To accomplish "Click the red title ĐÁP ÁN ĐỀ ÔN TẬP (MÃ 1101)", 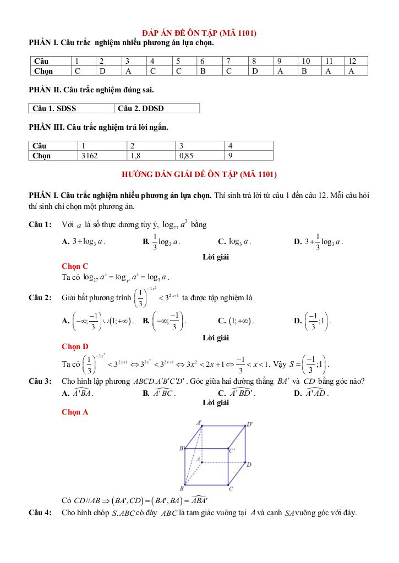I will [199, 33].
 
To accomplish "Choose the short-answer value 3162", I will [89, 156].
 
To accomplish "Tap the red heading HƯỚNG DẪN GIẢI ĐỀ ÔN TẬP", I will [199, 175].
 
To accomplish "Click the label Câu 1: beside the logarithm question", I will [40, 224].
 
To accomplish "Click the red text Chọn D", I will [75, 346].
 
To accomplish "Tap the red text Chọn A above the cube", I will [75, 412].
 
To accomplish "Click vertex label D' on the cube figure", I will [250, 424].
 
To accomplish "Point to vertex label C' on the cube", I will [232, 450].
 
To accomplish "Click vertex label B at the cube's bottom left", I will [182, 488].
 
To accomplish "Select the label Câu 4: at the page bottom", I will [40, 513].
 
